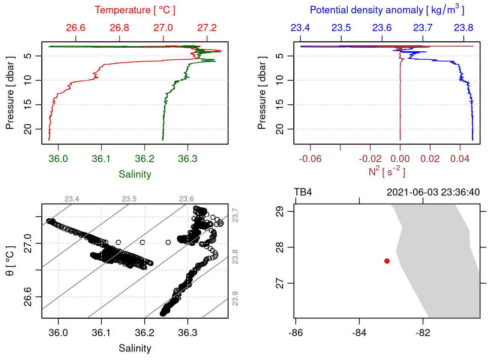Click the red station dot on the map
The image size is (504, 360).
[387, 261]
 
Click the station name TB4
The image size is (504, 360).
[303, 192]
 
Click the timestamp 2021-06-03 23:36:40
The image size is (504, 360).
[433, 192]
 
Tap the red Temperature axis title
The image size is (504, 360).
[135, 10]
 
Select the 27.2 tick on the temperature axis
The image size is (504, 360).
[207, 28]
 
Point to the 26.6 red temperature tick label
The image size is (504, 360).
[75, 28]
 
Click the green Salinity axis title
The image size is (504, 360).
[135, 174]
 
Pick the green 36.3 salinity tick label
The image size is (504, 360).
[187, 159]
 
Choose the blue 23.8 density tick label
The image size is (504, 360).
[463, 28]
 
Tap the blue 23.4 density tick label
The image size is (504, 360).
[300, 28]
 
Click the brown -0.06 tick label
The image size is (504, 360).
[310, 159]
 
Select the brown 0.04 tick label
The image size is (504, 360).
[460, 159]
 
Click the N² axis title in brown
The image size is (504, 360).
[387, 172]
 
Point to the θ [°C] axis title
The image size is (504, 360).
[10, 261]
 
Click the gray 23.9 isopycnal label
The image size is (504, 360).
[235, 299]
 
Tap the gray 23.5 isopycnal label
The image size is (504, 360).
[129, 199]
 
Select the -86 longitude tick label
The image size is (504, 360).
[295, 333]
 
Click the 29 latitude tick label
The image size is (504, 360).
[280, 211]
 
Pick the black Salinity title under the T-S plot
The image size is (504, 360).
[135, 348]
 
